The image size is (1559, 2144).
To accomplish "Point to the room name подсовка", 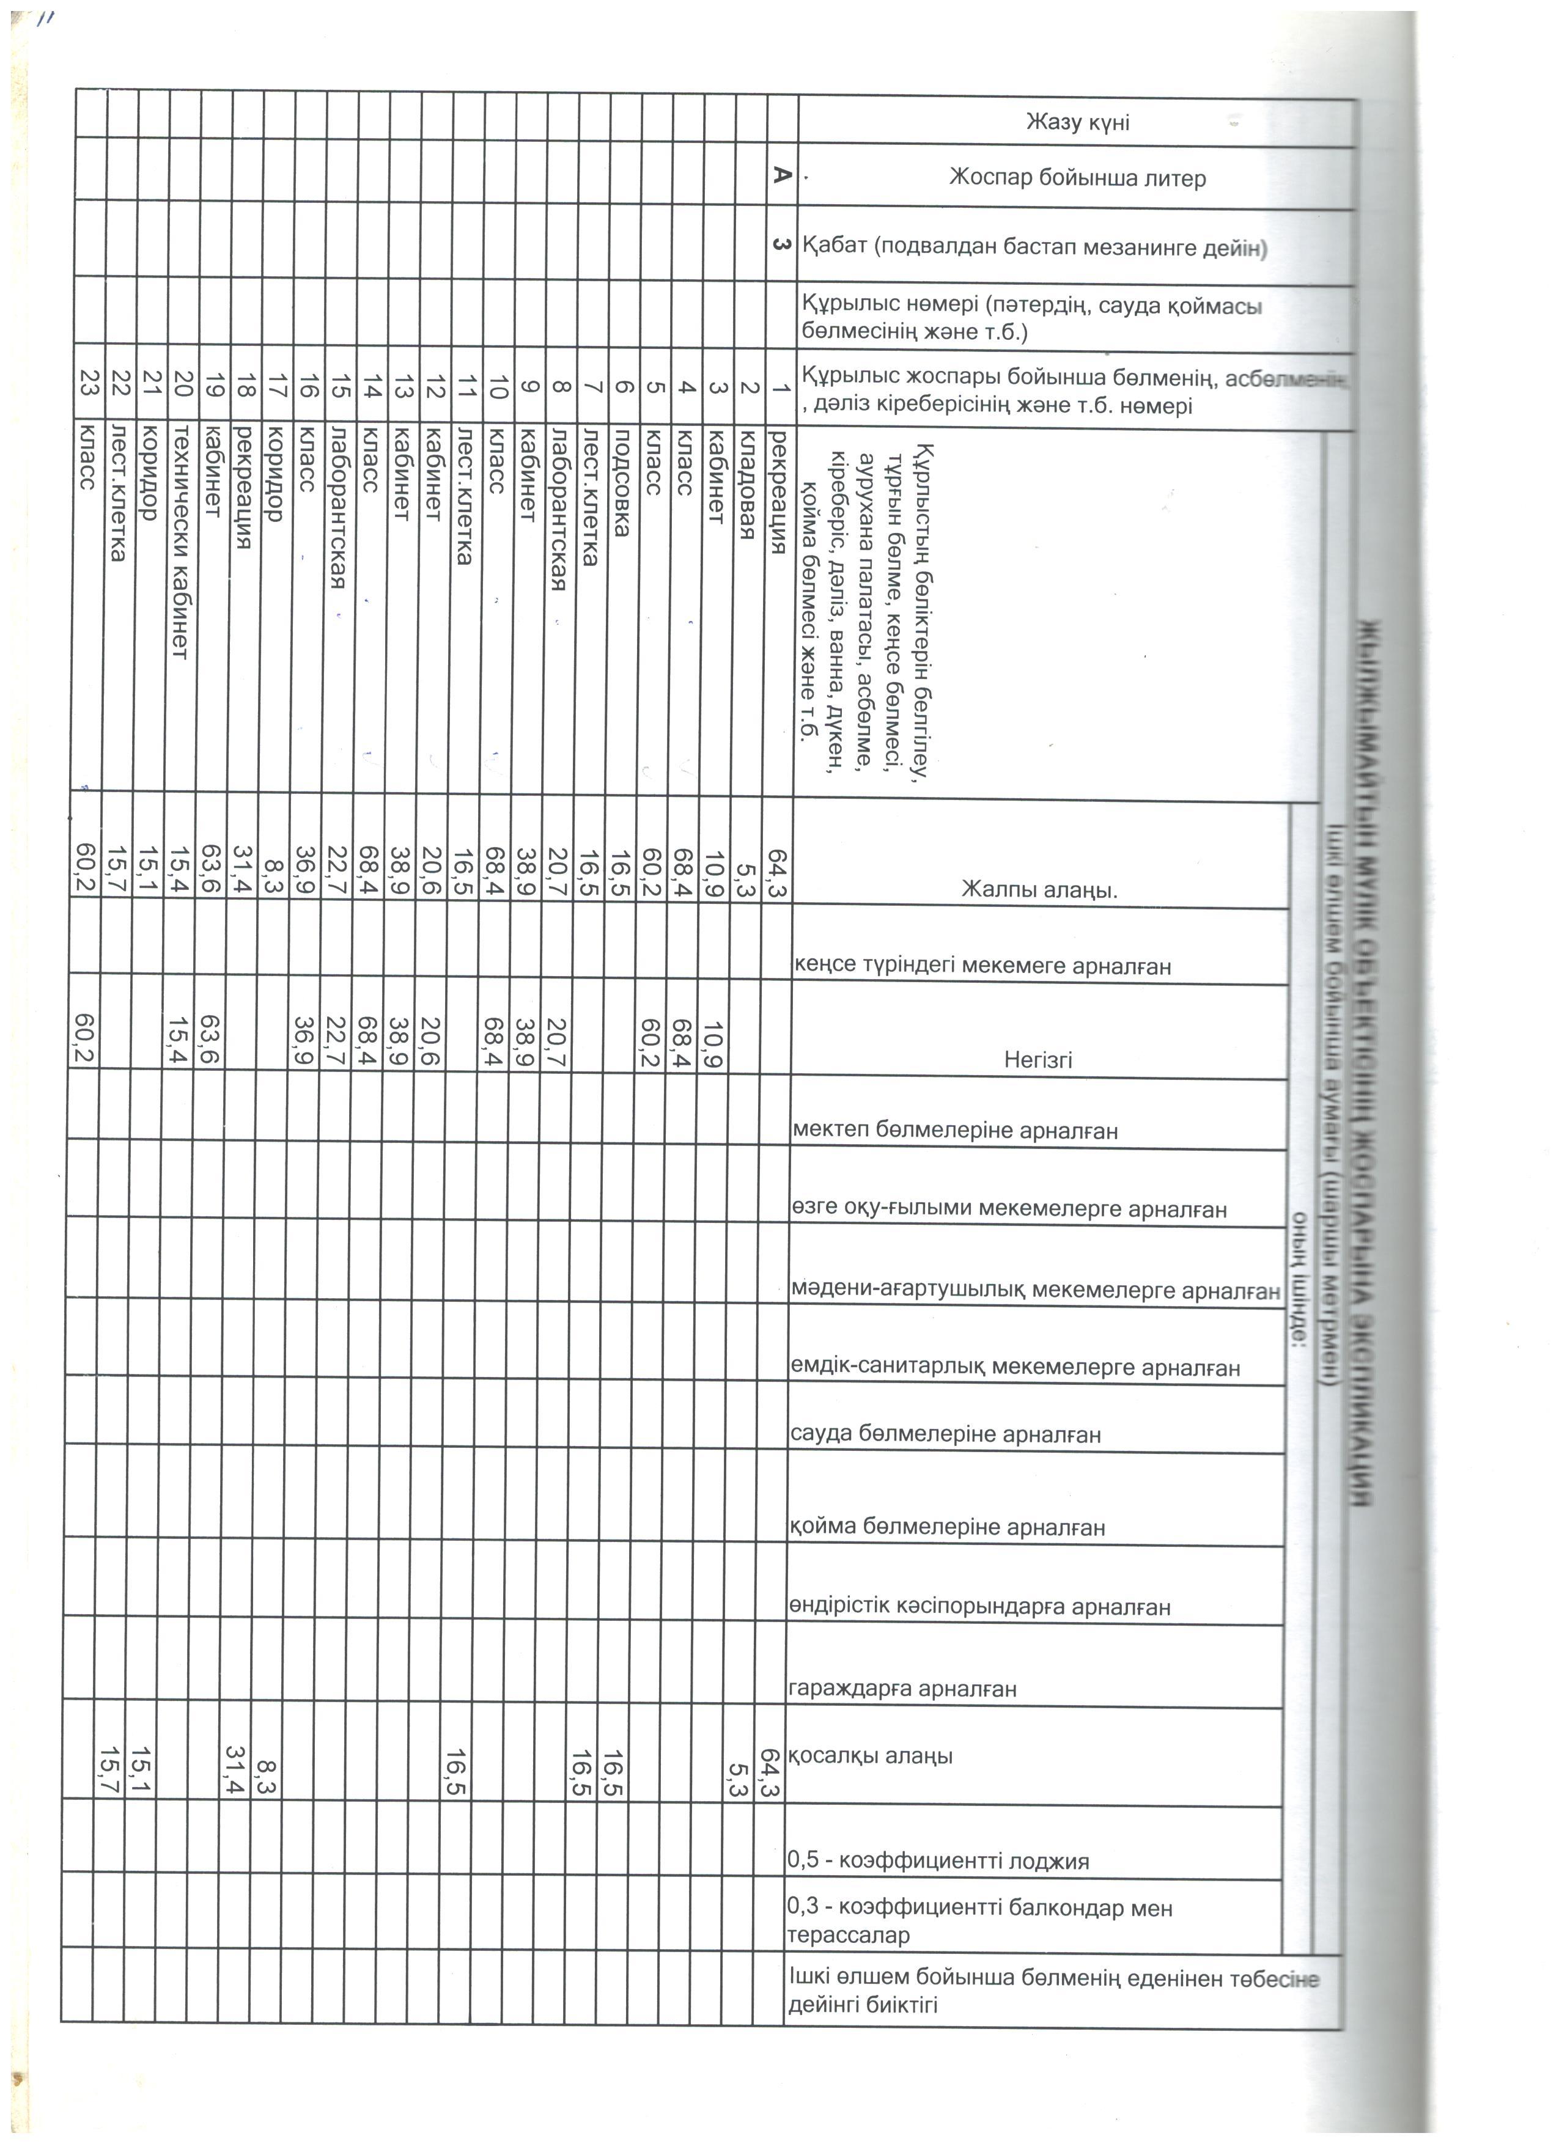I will pyautogui.click(x=621, y=485).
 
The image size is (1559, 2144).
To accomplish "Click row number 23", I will pyautogui.click(x=88, y=387).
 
